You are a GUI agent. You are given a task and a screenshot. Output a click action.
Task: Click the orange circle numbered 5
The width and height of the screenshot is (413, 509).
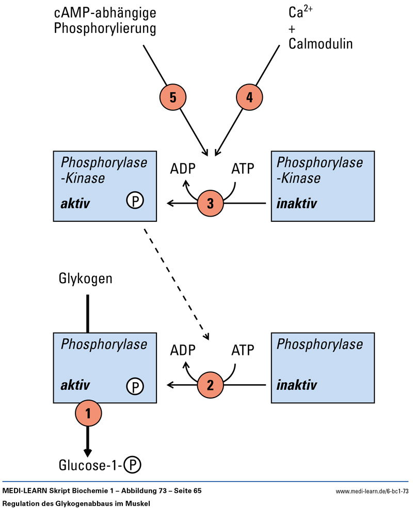[x=172, y=96]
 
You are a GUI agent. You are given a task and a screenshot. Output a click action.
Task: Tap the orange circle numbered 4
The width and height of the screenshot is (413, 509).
[x=250, y=96]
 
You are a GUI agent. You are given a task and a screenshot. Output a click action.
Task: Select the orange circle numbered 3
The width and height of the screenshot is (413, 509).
[x=210, y=203]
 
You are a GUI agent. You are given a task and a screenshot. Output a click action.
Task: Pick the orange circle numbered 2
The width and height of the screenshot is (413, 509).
[x=210, y=385]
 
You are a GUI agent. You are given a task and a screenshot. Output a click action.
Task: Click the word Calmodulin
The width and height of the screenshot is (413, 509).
[x=321, y=43]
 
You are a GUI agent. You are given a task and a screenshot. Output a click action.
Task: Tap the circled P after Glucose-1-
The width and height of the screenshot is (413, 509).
[x=133, y=466]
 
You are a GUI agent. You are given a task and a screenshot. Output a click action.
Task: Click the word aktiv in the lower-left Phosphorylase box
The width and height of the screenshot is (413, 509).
[x=76, y=385]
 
